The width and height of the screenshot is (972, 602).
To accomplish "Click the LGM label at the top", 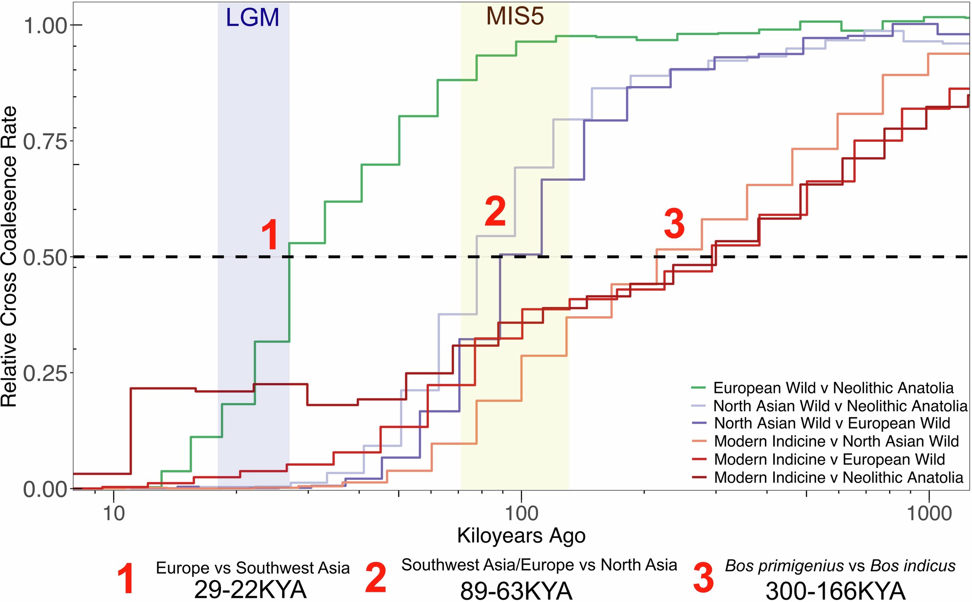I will [252, 18].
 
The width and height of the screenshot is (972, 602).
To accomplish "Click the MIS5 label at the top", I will [515, 16].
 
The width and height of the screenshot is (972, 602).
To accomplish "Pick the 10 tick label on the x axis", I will [113, 514].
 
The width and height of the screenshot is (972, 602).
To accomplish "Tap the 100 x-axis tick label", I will [521, 514].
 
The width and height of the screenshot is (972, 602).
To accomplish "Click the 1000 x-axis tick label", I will [929, 514].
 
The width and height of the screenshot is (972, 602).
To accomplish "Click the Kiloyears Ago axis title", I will [521, 536].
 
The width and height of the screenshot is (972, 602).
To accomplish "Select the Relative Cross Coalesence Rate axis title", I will [9, 256].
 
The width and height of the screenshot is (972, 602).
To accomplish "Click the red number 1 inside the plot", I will [270, 234].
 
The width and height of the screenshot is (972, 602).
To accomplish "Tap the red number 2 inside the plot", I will [496, 211].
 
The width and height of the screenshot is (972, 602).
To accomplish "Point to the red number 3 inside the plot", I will [674, 223].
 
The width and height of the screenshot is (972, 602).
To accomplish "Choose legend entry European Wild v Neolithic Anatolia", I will [833, 388].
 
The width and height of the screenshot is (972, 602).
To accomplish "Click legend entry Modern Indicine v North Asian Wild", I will [836, 441].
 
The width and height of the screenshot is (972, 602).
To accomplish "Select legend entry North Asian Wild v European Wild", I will [832, 423].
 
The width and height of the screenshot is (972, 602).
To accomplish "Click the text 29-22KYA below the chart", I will [250, 589].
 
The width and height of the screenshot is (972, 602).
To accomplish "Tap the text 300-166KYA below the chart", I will [835, 591].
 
